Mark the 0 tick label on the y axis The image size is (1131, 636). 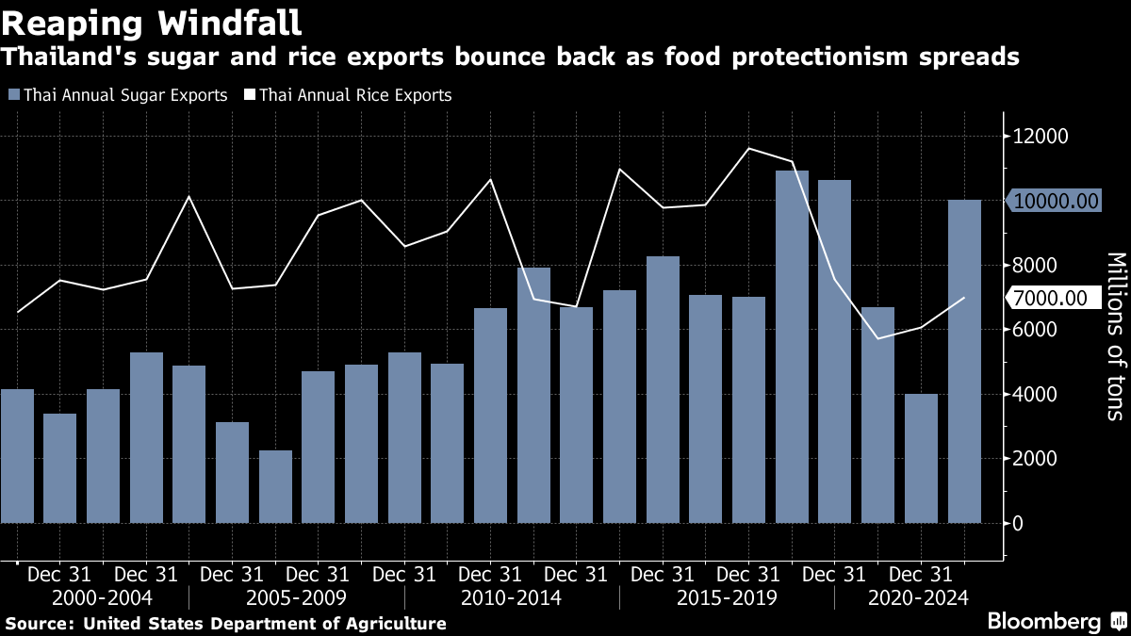pos(1017,523)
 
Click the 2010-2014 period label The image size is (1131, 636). pos(511,597)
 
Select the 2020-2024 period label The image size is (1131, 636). pos(917,597)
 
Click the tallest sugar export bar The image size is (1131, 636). pos(792,347)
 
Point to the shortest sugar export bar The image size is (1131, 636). pos(276,486)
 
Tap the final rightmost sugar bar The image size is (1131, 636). pos(964,361)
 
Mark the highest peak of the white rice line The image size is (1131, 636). pos(748,149)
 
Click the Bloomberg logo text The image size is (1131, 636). pos(1043,621)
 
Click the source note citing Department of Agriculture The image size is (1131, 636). pos(226,624)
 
